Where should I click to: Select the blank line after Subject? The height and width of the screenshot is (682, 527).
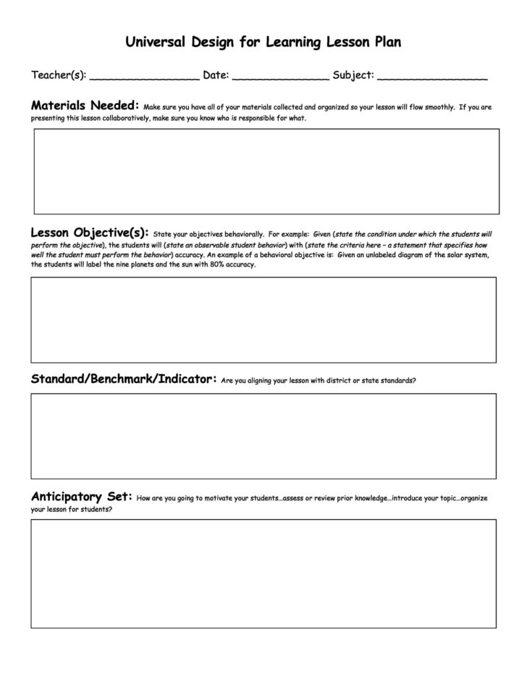pos(432,77)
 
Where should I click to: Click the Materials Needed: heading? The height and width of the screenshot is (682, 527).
pos(85,106)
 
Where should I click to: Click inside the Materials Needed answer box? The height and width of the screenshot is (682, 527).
pos(266,171)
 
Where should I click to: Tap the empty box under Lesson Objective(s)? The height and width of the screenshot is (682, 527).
pos(263,319)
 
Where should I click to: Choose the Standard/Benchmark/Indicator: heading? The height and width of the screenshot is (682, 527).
pos(124,379)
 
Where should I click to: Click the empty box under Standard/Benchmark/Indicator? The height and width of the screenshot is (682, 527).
pos(263,436)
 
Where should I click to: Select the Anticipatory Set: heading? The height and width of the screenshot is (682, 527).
pos(81,497)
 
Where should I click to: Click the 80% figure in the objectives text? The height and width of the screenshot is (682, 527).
pos(207,265)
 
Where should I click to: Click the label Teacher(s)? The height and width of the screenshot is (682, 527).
pos(59,75)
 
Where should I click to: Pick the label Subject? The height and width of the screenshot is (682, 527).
pos(353,75)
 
